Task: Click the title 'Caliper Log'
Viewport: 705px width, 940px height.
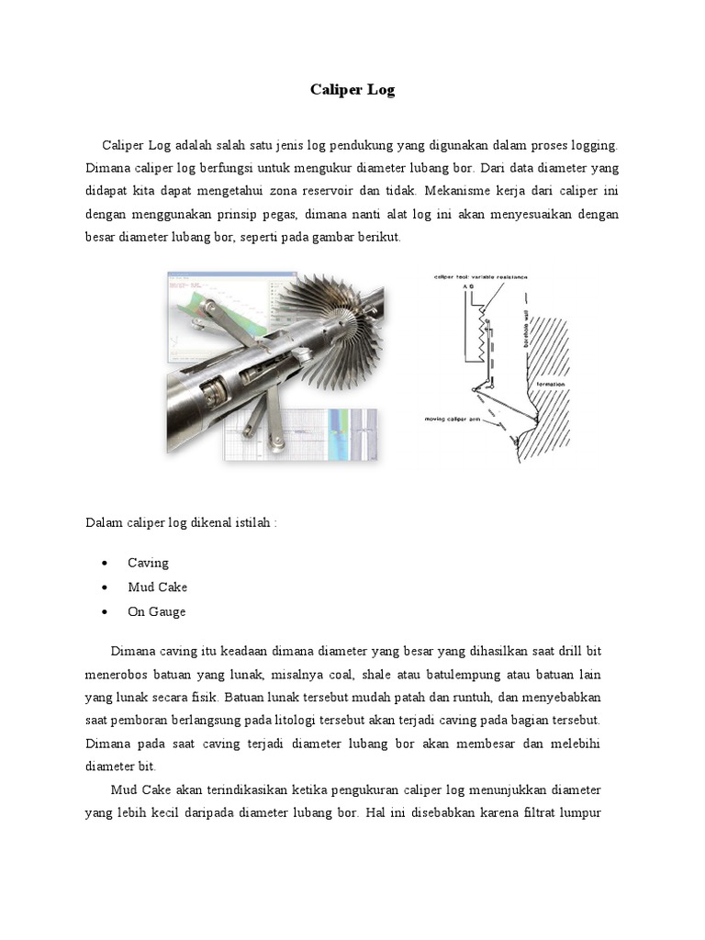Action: [352, 91]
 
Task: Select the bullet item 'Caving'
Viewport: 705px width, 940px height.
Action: [148, 563]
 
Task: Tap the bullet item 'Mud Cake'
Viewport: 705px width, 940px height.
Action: [157, 587]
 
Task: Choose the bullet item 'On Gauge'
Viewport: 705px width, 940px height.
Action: [156, 612]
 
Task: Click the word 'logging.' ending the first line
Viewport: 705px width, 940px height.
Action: [594, 145]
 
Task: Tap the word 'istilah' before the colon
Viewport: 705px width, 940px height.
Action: [251, 522]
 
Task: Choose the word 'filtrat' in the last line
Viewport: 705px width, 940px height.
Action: [531, 812]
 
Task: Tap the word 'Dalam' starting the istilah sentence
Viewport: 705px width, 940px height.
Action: [104, 522]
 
